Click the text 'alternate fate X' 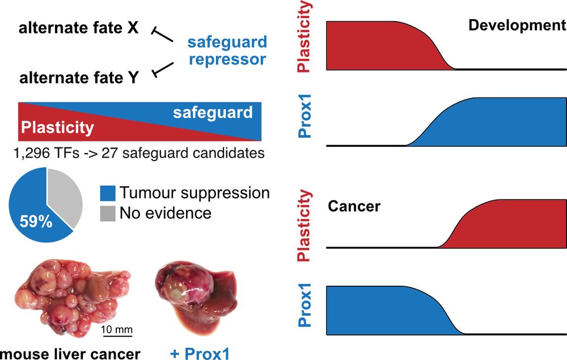point(78,28)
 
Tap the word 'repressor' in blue point(228,59)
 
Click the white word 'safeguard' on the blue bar point(213,113)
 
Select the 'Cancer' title point(354,205)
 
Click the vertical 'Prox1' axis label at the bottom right point(304,310)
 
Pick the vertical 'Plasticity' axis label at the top point(304,36)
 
